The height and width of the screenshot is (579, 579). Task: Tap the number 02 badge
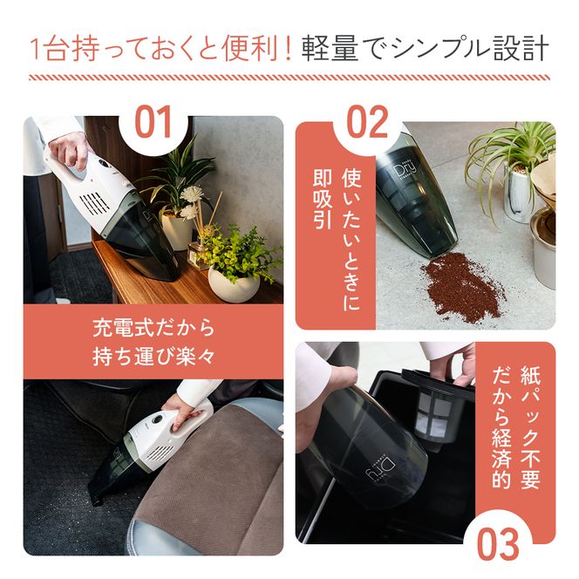(x=366, y=123)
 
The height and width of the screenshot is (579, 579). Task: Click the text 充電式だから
(x=153, y=330)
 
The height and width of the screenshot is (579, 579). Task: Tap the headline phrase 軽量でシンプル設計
(x=425, y=48)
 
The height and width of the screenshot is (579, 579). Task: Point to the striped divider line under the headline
(x=289, y=78)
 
